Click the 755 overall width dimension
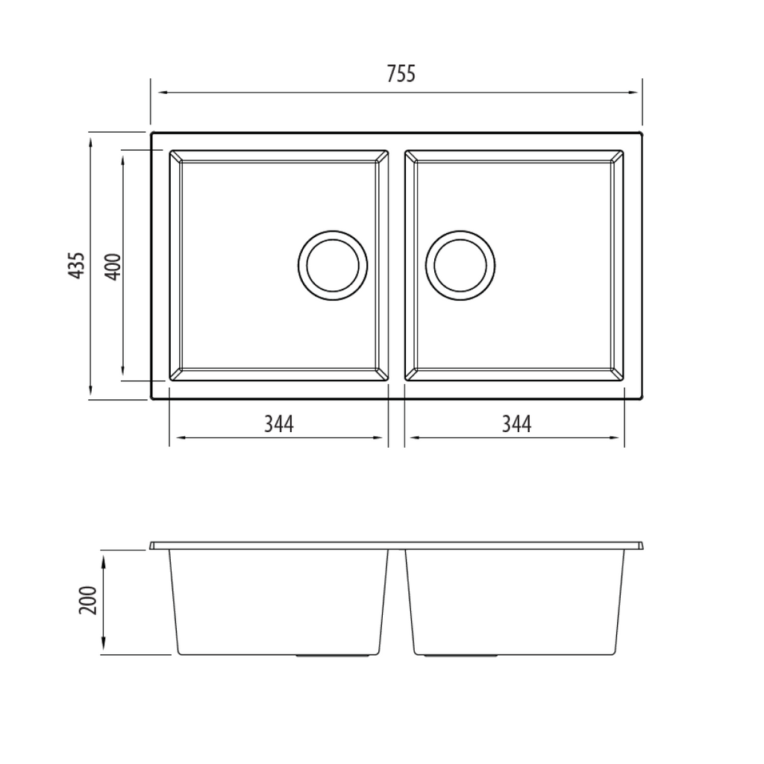(401, 74)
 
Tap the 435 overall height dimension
(77, 265)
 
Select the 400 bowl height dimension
(112, 266)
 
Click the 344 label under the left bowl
(278, 424)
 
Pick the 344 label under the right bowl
(516, 424)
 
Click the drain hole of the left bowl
(333, 265)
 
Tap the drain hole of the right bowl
(460, 265)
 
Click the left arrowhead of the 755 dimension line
(156, 93)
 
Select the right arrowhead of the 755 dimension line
(636, 93)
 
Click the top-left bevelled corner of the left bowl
(175, 156)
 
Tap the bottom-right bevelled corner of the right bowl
(618, 375)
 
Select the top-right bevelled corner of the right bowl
(618, 156)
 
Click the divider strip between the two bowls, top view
(397, 265)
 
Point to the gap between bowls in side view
(397, 597)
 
